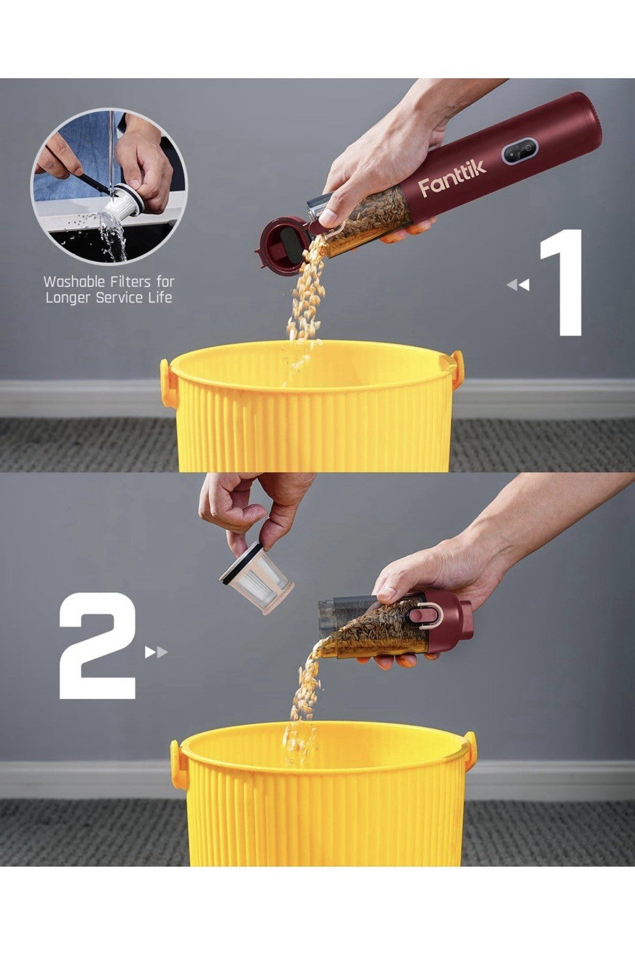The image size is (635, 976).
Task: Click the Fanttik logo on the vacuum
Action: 453,178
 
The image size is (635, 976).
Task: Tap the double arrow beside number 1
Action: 518,285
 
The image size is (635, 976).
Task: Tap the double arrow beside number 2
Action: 156,652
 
